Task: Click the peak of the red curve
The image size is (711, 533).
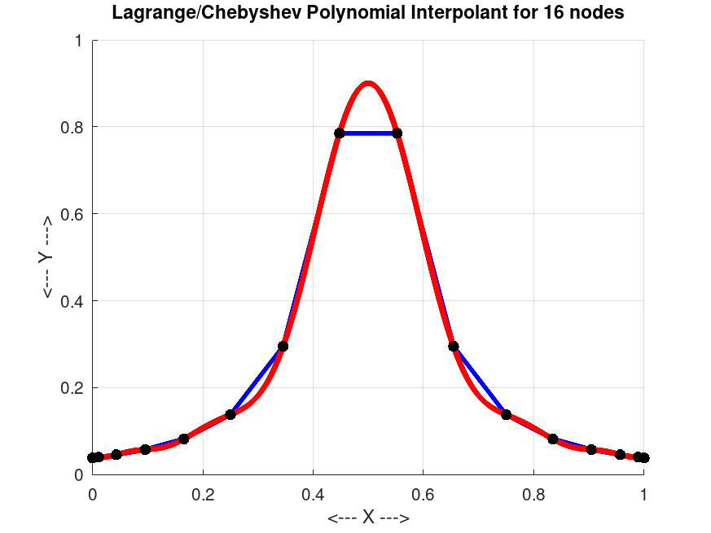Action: click(x=368, y=83)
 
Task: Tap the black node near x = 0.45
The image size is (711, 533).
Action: click(x=340, y=133)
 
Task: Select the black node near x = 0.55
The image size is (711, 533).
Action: click(x=397, y=133)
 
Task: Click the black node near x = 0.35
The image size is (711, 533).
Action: click(x=283, y=346)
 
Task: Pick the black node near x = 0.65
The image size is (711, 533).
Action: click(x=454, y=346)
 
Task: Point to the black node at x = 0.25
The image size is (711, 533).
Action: click(x=230, y=414)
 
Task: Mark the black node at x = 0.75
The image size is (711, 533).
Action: click(x=506, y=414)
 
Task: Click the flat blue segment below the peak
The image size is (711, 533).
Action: click(x=368, y=133)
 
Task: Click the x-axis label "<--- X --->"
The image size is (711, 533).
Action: click(x=368, y=518)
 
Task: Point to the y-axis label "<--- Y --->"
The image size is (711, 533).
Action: click(x=46, y=257)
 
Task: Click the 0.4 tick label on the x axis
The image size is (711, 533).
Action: click(x=313, y=493)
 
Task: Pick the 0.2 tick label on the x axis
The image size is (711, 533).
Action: click(x=203, y=493)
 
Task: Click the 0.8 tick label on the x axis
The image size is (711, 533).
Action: click(x=533, y=493)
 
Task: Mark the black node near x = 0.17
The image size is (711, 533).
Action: click(x=183, y=439)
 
